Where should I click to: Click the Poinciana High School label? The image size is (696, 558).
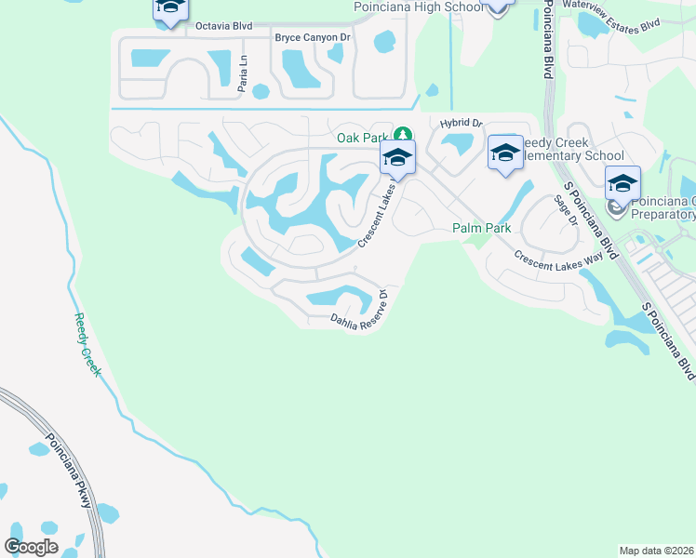(x=419, y=7)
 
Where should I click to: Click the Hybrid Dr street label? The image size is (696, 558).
(x=462, y=123)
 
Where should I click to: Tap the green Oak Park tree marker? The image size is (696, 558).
(x=403, y=136)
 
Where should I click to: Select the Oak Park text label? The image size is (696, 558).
(x=361, y=138)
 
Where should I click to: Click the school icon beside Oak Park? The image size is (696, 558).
(x=397, y=159)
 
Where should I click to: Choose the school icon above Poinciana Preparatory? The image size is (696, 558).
(x=622, y=182)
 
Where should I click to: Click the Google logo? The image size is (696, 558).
(x=31, y=547)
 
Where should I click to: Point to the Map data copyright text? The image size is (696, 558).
(x=656, y=551)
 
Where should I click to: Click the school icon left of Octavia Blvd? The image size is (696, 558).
(x=169, y=10)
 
